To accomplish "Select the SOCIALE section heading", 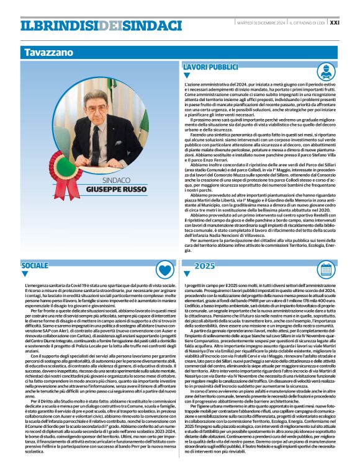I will pos(35,265).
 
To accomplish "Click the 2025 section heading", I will pos(205,265).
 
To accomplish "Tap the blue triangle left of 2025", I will pos(189,274).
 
